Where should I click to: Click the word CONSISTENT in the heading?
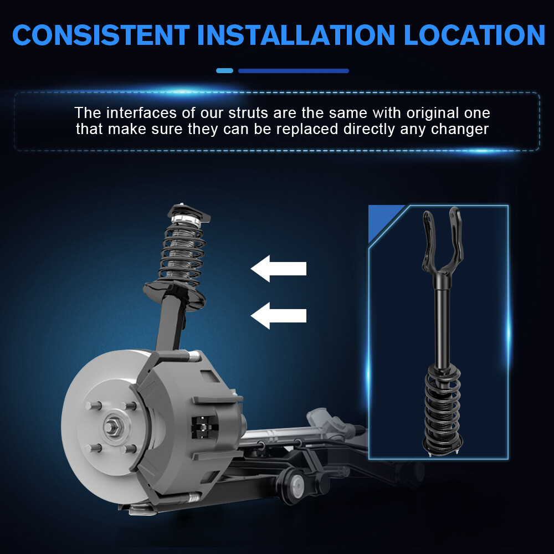coord(101,35)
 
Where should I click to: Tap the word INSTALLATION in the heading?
coord(296,35)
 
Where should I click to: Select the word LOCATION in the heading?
coord(475,35)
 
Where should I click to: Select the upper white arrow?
coord(279,269)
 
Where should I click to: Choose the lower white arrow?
coord(279,316)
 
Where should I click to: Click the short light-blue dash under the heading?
coord(225,71)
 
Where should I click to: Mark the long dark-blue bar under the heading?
coord(294,71)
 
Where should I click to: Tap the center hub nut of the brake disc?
coord(112,427)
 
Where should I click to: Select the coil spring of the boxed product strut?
coord(443,406)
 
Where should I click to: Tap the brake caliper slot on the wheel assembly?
coord(204,428)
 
